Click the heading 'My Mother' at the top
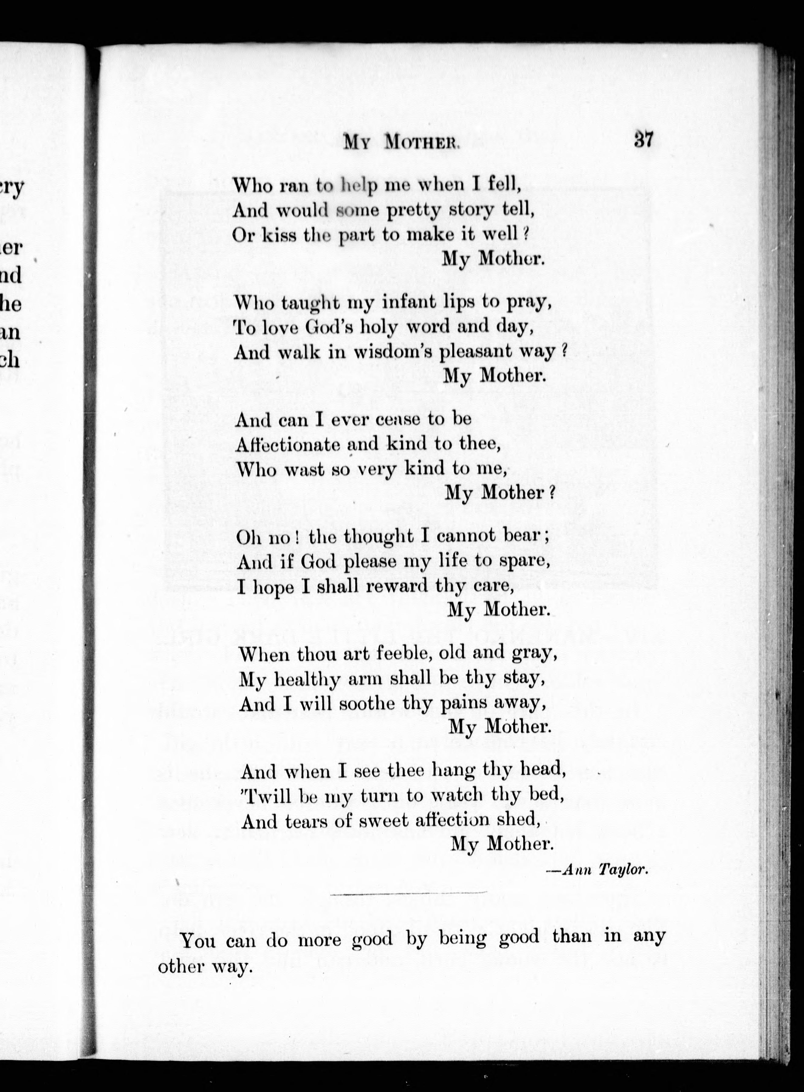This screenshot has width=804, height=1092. coord(400,143)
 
